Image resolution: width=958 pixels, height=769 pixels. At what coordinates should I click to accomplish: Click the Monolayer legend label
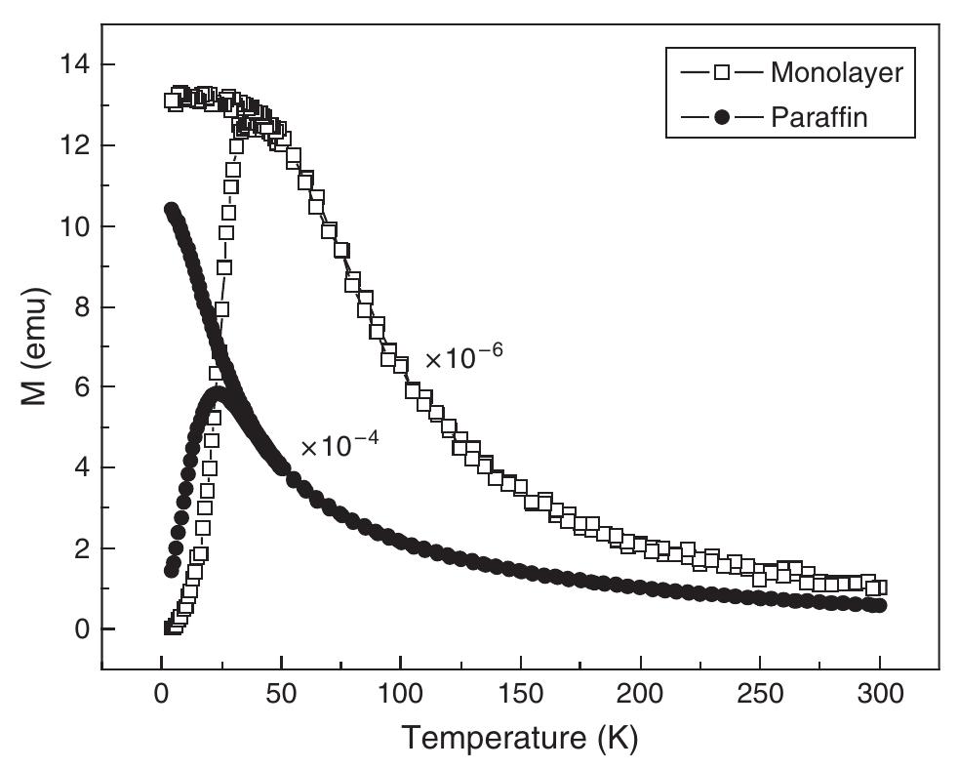(836, 72)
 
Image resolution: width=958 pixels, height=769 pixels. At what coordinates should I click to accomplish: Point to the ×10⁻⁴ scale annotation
(339, 446)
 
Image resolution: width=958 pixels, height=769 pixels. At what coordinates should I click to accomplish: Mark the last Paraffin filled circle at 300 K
(879, 606)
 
